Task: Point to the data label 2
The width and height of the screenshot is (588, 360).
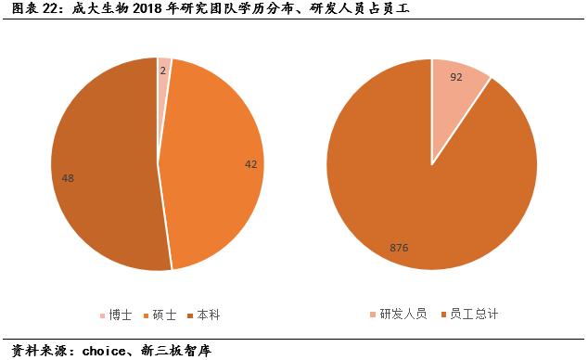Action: point(163,71)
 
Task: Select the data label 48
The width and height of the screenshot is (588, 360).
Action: point(68,177)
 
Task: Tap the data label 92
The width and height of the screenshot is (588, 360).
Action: point(455,78)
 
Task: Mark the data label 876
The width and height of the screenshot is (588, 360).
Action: point(401,248)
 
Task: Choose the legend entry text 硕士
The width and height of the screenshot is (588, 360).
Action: point(168,315)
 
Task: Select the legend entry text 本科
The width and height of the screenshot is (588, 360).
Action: point(210,315)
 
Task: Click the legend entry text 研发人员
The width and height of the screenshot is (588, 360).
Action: point(404,315)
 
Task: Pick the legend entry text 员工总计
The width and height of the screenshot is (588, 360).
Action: point(473,315)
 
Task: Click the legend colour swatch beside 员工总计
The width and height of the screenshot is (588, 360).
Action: point(442,315)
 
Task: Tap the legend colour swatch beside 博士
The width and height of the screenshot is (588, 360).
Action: point(102,315)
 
